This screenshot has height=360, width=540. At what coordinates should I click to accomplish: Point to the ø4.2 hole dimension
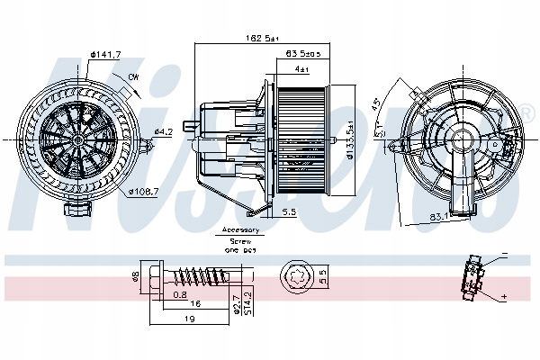click(x=163, y=132)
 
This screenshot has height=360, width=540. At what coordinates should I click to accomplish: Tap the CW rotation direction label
click(x=132, y=77)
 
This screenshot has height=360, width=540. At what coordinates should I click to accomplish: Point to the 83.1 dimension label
click(x=439, y=216)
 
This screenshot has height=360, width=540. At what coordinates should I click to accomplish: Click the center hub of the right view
click(x=463, y=139)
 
